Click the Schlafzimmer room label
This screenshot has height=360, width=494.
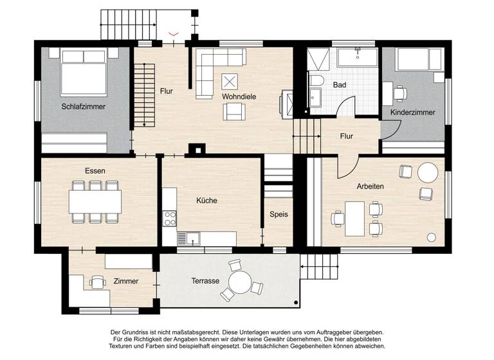point(84,107)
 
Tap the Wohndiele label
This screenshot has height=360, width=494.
point(239,96)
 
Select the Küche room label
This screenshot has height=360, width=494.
point(206,201)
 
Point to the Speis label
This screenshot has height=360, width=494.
point(279,215)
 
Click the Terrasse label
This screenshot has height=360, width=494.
point(205,281)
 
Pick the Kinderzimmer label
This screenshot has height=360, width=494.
point(412,113)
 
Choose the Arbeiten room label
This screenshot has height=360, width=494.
point(370,186)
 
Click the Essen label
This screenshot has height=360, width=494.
point(95,171)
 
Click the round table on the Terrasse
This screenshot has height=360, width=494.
point(240,281)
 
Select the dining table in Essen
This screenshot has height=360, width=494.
point(96,202)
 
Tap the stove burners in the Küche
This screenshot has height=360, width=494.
point(170,218)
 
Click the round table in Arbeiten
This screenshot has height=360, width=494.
point(428,172)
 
